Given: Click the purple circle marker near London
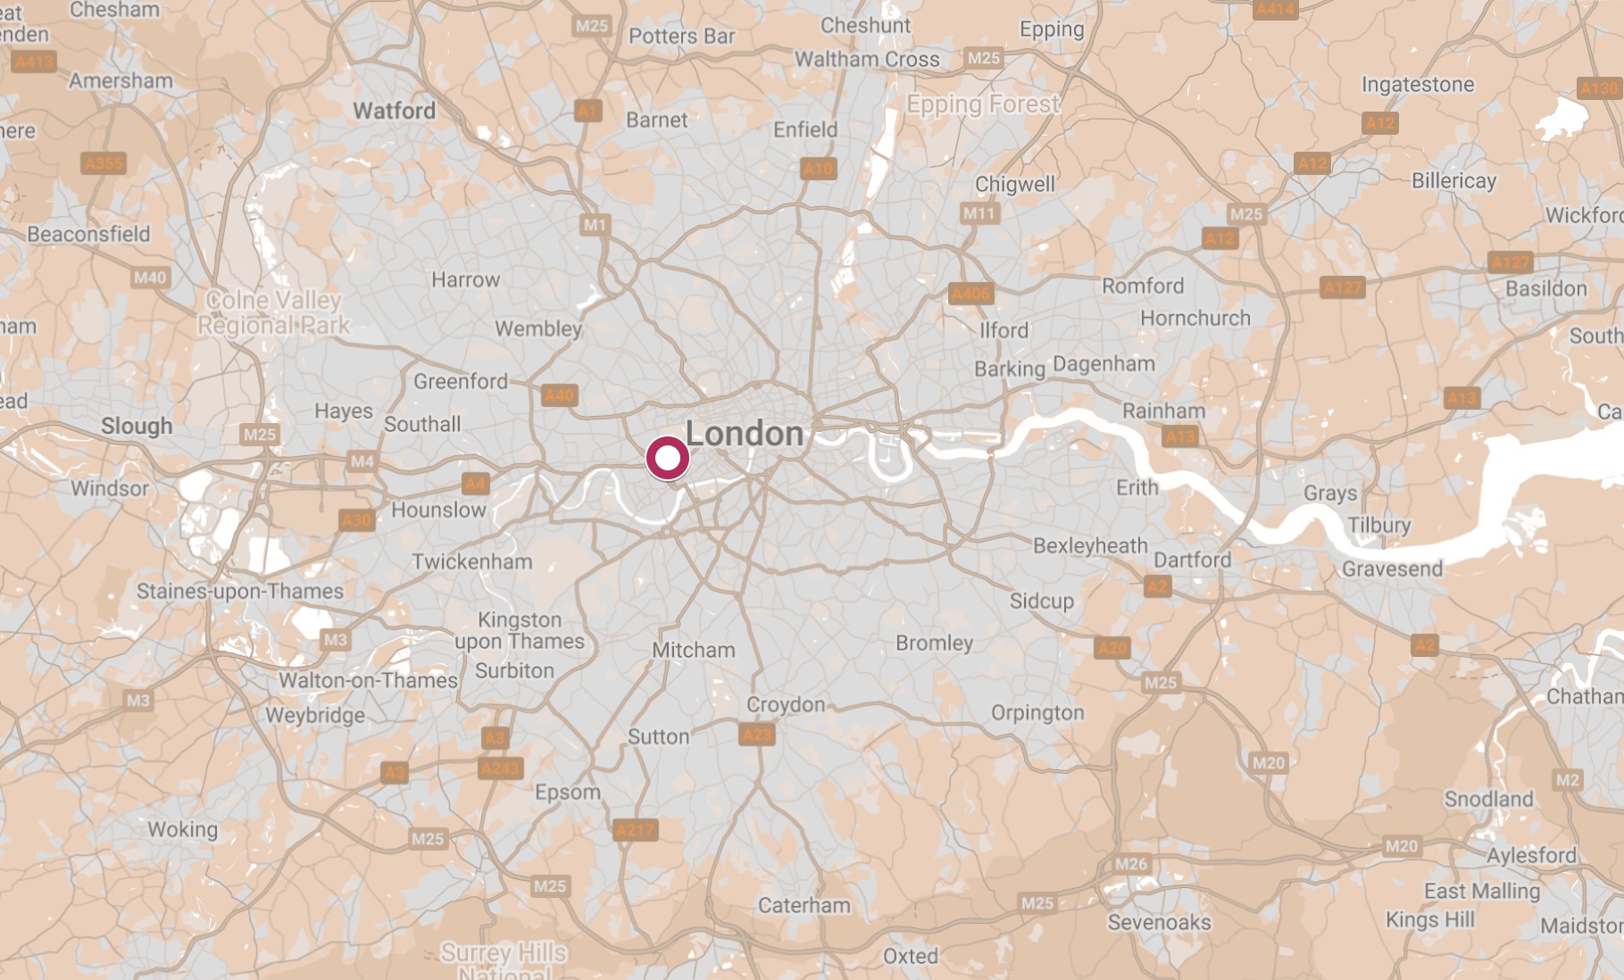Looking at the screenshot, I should (667, 459).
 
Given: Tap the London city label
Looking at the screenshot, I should (745, 434).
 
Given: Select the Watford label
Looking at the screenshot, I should (394, 111).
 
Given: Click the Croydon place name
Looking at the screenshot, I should (786, 704).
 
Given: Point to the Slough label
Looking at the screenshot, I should (137, 426).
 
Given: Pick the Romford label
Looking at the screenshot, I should (1143, 286).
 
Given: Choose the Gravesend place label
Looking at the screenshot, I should (1392, 569).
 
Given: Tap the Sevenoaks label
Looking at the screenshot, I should (1159, 922).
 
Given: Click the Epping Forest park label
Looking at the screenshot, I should (983, 104).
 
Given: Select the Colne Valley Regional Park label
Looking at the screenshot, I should (274, 312).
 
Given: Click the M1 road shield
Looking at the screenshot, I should (595, 225).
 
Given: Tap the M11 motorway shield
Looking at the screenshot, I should (979, 213).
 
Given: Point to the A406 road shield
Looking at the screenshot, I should (970, 294).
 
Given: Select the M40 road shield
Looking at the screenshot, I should (150, 278).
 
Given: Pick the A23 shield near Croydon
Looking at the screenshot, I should (757, 735).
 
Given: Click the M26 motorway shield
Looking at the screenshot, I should (1131, 863).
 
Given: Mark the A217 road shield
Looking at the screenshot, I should (635, 830).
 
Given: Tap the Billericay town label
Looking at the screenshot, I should (1453, 180).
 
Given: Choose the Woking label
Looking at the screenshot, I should (182, 829).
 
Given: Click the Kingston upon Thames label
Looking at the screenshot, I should (520, 630).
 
